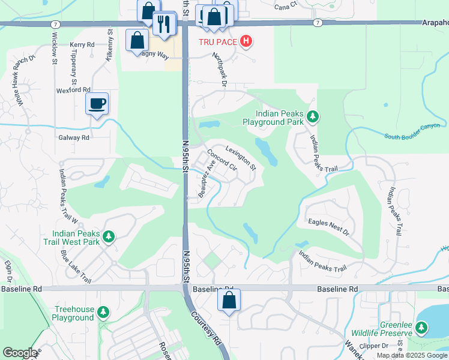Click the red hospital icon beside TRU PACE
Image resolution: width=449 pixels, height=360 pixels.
pos(246,41)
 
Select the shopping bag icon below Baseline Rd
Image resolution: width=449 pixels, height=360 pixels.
pos(229,301)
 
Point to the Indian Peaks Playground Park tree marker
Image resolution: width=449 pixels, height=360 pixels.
pos(312,116)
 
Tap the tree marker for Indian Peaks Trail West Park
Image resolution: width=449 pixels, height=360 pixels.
pos(109,237)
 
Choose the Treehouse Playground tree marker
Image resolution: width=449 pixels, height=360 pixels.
pos(104,312)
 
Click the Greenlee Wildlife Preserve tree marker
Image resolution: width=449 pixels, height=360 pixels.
pos(422,328)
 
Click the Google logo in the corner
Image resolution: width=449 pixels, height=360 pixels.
pos(20,353)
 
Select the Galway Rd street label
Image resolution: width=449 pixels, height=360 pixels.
pos(74,137)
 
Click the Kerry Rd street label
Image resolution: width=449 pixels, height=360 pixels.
pos(82,45)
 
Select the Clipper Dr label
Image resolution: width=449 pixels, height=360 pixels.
pos(393,346)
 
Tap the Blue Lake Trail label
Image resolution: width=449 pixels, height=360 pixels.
pos(76,268)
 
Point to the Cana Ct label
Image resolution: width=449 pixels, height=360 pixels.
pos(286,5)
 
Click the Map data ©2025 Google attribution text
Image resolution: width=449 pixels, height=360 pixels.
pos(412,355)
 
